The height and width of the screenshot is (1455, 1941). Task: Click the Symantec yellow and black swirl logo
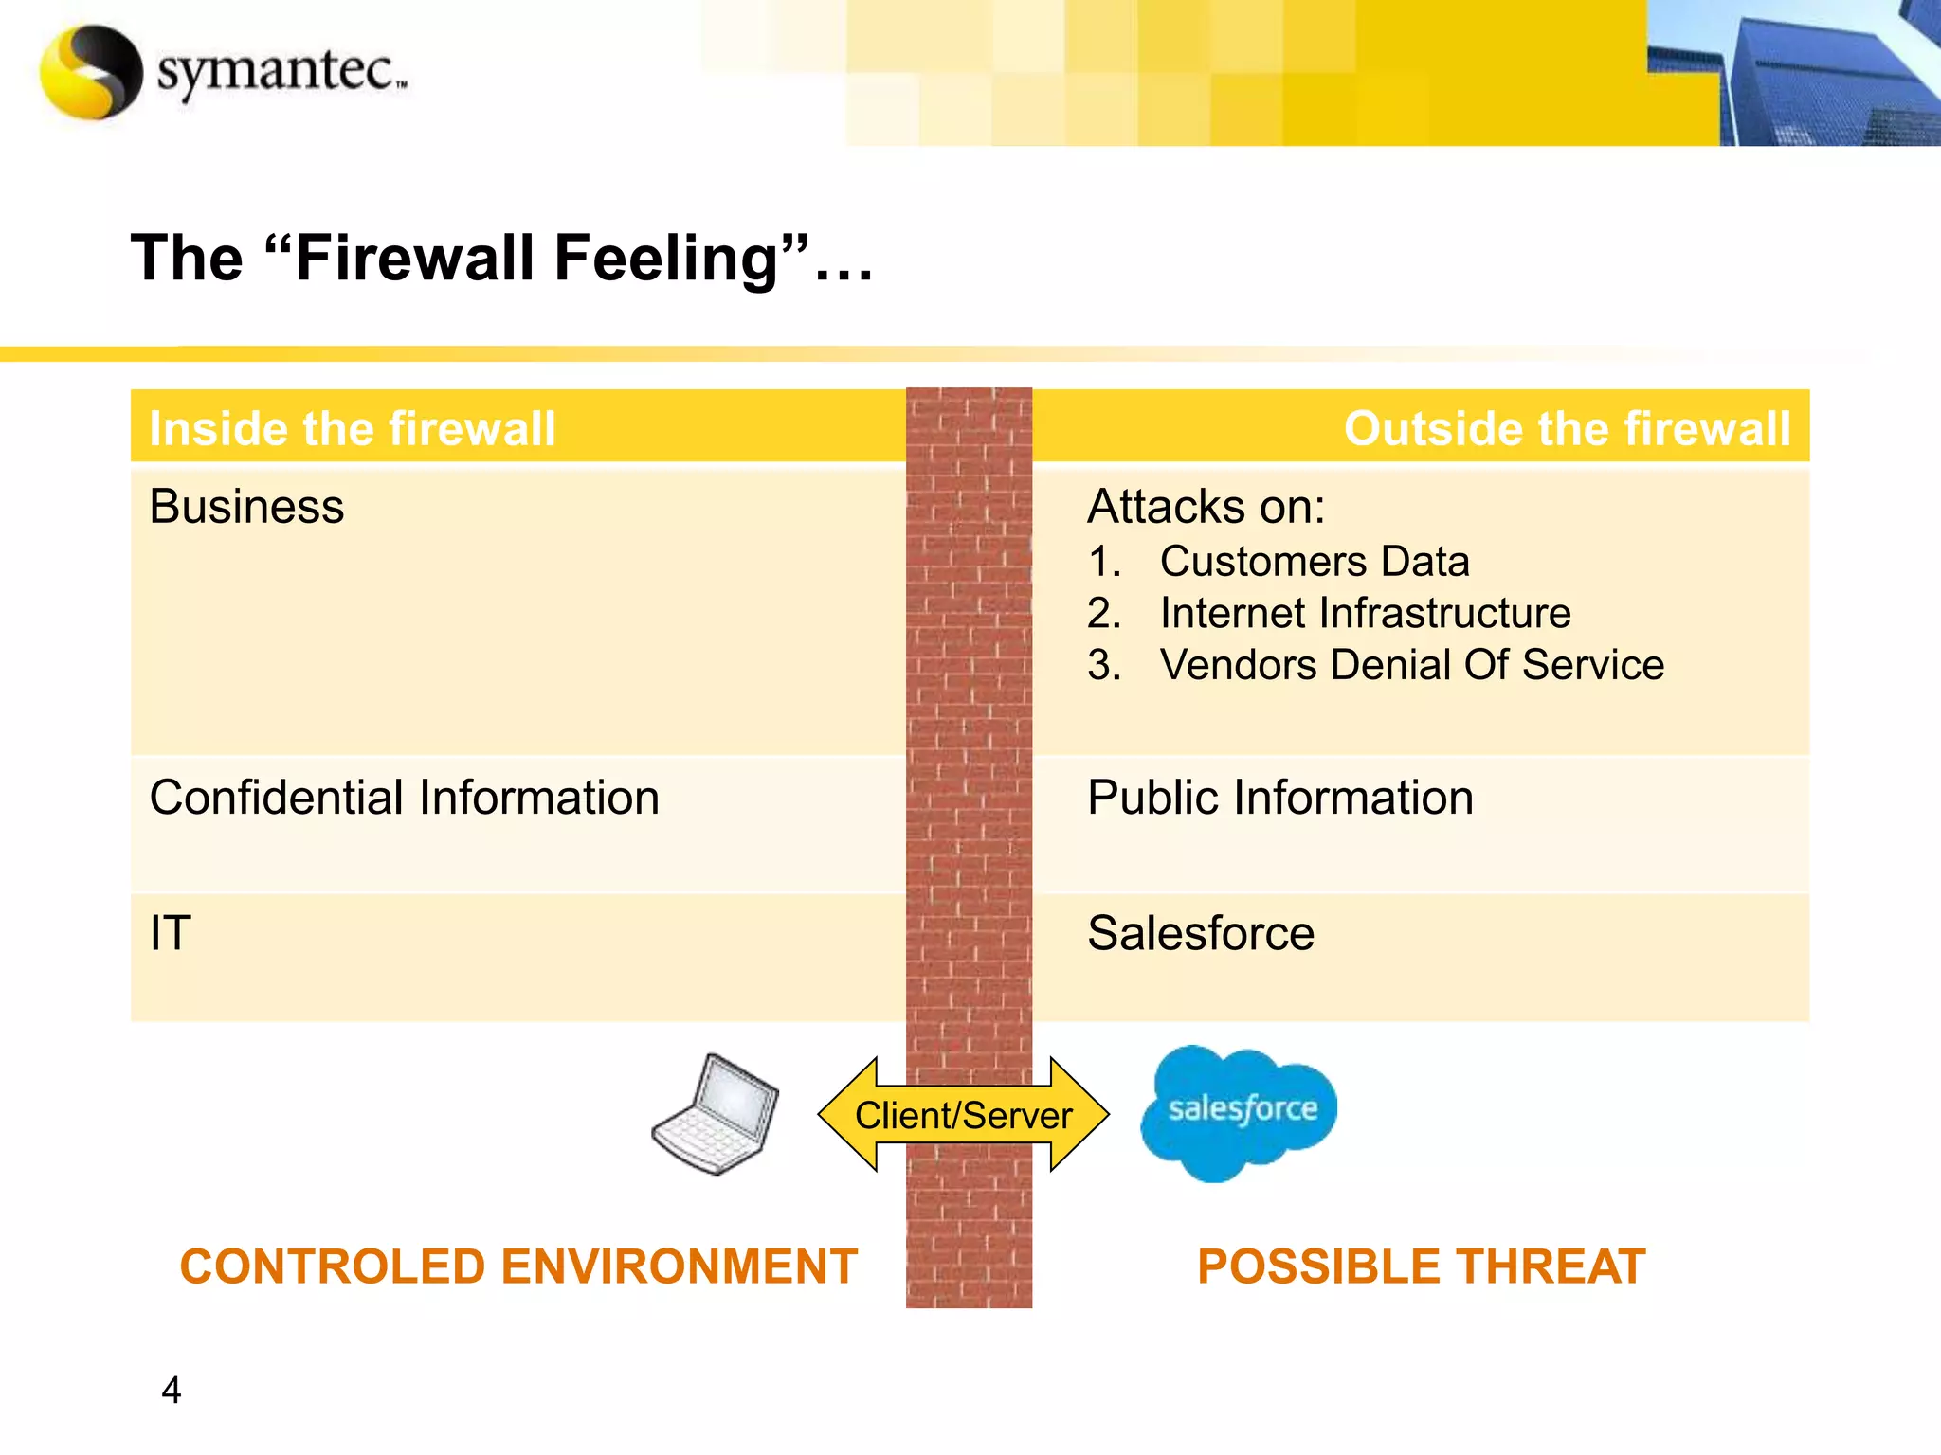click(91, 72)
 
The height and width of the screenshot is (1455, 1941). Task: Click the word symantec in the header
click(280, 72)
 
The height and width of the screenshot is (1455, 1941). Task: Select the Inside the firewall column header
click(353, 428)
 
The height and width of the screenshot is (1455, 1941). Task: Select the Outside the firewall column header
click(1567, 428)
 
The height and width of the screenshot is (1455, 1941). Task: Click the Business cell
click(246, 507)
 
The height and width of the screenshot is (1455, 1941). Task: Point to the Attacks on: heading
click(1206, 507)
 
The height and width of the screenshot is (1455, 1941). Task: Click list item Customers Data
click(1314, 562)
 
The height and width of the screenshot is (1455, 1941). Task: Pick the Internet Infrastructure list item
click(1365, 613)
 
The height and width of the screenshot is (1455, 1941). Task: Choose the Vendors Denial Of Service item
click(1411, 665)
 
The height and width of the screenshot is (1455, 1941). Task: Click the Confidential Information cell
click(404, 798)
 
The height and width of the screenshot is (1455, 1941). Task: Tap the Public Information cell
click(1279, 798)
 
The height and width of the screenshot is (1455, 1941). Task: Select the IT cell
click(171, 934)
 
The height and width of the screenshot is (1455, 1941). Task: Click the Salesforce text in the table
click(1200, 934)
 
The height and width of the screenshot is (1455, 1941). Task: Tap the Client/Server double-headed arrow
click(963, 1115)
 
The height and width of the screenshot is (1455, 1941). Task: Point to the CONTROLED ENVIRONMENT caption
click(518, 1267)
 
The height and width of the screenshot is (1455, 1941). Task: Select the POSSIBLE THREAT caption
click(1421, 1267)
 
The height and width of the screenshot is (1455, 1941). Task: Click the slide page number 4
click(172, 1390)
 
